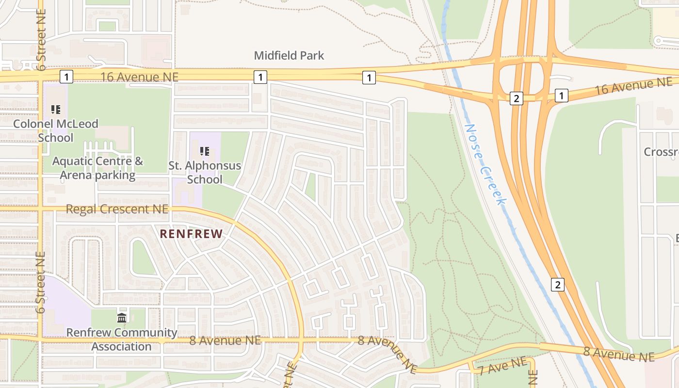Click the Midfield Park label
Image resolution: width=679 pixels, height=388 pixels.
[289, 55]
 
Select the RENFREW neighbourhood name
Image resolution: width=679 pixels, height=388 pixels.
[191, 234]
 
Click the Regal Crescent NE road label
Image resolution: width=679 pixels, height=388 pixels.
[117, 209]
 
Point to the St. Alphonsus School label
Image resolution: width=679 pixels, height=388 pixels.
[205, 172]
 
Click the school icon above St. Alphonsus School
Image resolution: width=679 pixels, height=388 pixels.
[205, 151]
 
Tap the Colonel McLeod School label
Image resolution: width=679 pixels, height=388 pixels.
[56, 130]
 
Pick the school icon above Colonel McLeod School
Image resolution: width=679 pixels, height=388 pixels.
[56, 110]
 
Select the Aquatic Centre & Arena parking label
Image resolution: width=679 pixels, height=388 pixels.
[97, 168]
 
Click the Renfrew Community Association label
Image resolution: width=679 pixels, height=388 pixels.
[122, 339]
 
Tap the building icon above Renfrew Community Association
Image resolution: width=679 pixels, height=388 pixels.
[122, 318]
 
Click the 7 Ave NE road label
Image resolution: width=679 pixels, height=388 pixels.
[502, 366]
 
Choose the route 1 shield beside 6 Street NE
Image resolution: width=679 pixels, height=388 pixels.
[66, 76]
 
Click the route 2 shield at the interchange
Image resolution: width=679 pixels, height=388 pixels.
[516, 98]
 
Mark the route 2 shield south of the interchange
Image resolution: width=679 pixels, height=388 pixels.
[558, 285]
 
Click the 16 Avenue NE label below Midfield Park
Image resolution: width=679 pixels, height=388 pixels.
[140, 77]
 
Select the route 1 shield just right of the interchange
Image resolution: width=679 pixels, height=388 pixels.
[561, 96]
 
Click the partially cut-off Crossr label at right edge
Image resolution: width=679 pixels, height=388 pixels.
[661, 152]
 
